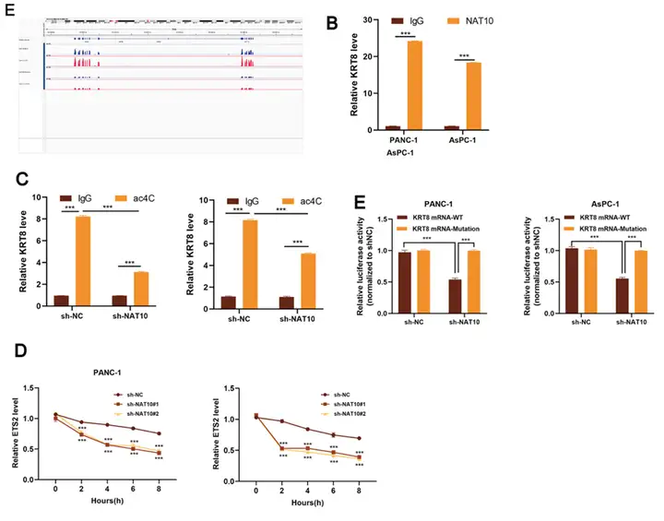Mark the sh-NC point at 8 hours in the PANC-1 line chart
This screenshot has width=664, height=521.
click(159, 433)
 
